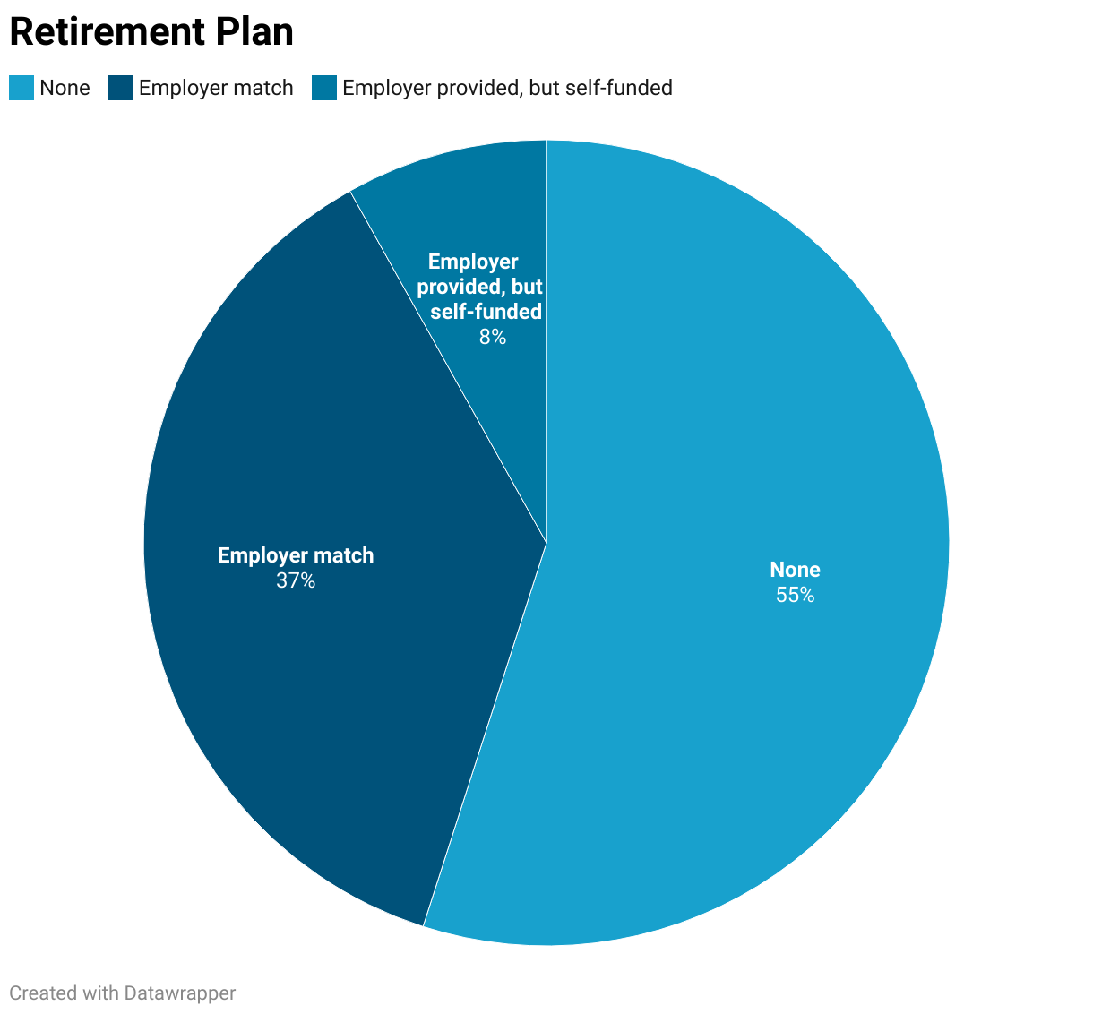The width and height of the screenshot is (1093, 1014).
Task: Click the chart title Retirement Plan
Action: click(151, 32)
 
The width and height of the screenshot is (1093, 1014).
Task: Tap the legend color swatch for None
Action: click(22, 88)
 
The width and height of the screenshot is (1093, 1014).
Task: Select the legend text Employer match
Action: click(216, 88)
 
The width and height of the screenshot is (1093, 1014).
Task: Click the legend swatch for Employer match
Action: click(119, 88)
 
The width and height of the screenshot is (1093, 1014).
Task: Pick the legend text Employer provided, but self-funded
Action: click(507, 88)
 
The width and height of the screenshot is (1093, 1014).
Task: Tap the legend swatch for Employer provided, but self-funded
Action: click(324, 88)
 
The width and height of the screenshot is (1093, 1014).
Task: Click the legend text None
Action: click(65, 88)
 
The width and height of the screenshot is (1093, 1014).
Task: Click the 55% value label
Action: click(795, 595)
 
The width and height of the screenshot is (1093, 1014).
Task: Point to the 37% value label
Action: click(296, 580)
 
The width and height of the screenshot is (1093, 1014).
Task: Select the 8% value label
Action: click(492, 337)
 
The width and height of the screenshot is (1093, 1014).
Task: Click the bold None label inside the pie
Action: click(795, 570)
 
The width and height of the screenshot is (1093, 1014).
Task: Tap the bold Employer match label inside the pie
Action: click(296, 555)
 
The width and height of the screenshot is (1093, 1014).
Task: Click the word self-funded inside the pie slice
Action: click(486, 312)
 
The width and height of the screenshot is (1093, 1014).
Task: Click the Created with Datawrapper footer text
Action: click(122, 993)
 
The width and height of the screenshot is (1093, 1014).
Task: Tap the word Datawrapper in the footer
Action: click(180, 993)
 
